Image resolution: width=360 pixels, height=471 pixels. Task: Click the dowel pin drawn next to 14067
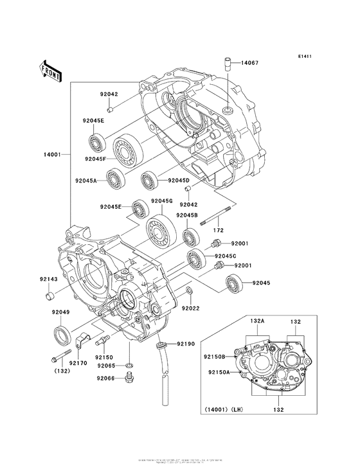[228, 63]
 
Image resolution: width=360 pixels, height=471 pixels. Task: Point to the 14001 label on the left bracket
[51, 154]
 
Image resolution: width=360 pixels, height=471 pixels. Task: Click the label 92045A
[85, 182]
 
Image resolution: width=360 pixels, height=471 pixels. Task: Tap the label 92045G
[162, 200]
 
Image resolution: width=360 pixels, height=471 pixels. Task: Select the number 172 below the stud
[219, 229]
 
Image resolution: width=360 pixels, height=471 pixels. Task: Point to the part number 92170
[78, 363]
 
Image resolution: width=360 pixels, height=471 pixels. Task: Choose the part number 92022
[191, 308]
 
